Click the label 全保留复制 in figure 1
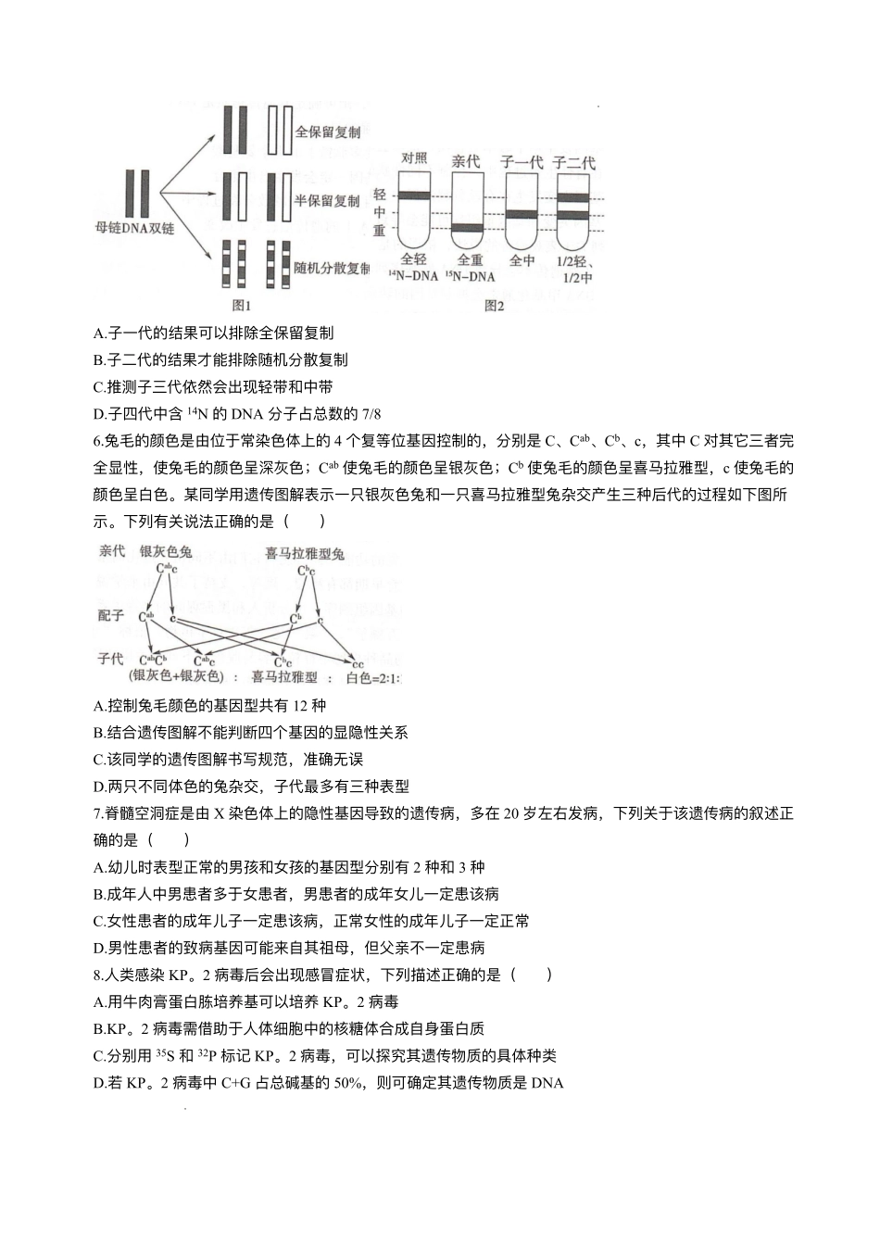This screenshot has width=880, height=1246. [327, 132]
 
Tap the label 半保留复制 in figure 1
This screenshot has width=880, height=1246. [327, 200]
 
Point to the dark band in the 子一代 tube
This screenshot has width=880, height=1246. [522, 214]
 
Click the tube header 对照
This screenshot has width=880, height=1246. [414, 157]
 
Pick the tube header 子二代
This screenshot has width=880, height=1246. [573, 162]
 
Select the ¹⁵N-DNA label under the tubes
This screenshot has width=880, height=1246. [469, 277]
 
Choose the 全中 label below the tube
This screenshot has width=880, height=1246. [522, 261]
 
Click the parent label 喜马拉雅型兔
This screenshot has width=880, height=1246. [305, 554]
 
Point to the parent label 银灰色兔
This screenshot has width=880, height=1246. [166, 552]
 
